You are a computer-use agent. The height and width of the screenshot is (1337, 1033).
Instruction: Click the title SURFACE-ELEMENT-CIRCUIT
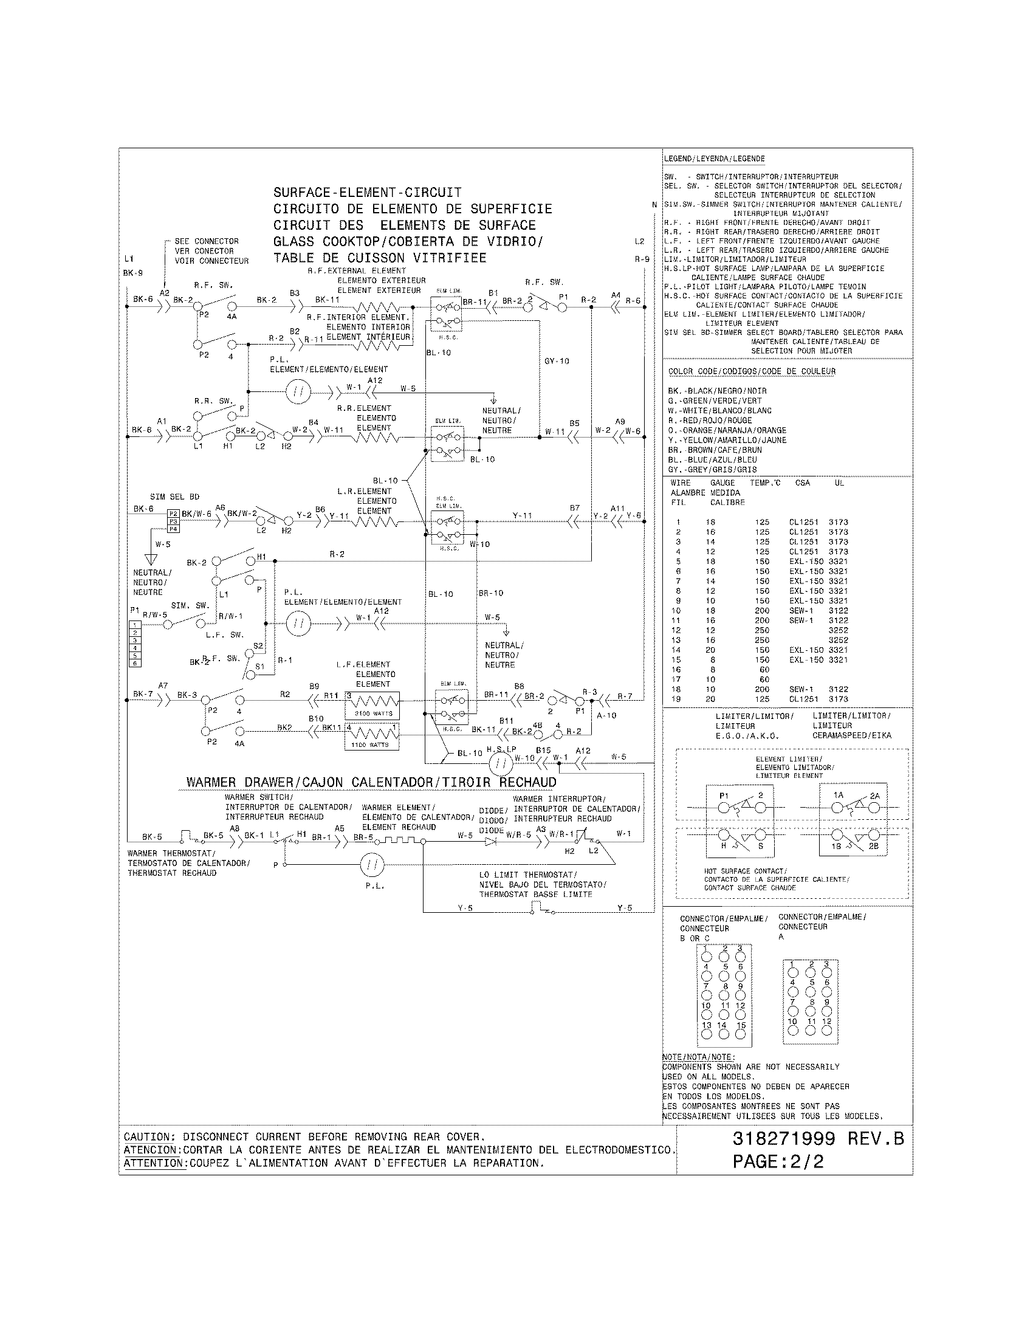pos(367,192)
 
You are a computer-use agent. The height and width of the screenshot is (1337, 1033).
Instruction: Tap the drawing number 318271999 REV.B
pos(817,1139)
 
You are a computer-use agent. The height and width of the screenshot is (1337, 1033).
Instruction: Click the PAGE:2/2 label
pos(778,1161)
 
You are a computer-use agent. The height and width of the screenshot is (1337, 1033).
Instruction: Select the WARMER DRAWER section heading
pos(371,782)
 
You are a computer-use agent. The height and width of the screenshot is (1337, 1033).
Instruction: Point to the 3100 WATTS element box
pos(372,704)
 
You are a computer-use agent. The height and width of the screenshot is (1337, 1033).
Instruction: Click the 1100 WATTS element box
pos(372,737)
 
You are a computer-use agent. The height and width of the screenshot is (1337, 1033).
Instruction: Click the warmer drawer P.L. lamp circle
pos(372,864)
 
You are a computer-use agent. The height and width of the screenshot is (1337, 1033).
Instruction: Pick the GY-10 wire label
pos(556,361)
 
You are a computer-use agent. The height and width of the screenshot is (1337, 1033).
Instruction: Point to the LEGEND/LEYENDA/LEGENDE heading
pos(713,159)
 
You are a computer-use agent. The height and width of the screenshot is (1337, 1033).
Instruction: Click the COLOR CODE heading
pos(752,371)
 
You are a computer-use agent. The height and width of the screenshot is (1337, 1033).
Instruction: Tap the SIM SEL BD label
pos(174,497)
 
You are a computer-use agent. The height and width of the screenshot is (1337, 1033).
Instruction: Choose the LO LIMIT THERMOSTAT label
pos(527,875)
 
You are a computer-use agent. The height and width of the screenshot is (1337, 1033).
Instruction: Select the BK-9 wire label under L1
pos(132,273)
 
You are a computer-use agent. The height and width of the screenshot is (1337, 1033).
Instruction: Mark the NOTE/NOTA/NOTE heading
pos(698,1057)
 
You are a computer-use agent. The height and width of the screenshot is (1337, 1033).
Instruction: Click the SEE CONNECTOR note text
pos(206,241)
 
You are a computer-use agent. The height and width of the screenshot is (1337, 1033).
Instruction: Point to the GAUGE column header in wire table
pos(722,483)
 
